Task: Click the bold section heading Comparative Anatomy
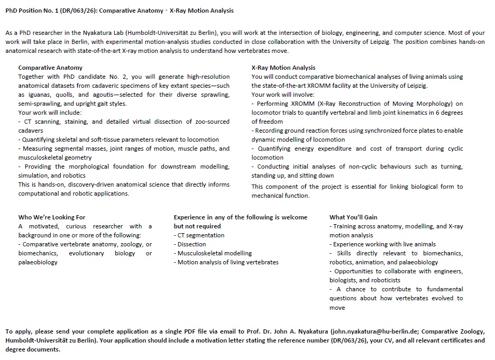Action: click(x=50, y=68)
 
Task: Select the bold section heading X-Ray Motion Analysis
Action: click(x=283, y=68)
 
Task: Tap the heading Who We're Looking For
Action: click(x=52, y=217)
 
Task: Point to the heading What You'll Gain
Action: click(x=353, y=217)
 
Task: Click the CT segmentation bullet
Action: click(x=201, y=235)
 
